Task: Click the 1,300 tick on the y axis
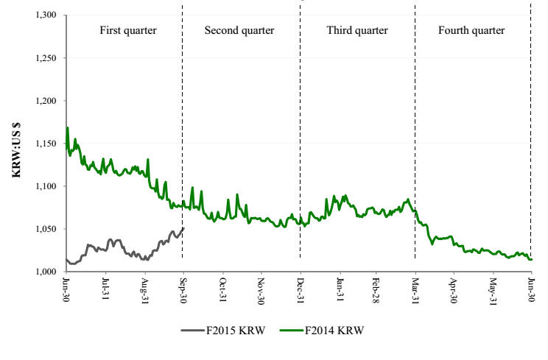46,15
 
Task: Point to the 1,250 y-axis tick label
46,58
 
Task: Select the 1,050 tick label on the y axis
46,230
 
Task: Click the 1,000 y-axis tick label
46,272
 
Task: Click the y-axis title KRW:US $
14,144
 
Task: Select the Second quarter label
239,31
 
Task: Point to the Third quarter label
357,31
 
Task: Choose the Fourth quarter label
471,31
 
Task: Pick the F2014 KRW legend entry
323,329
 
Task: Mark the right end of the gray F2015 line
183,228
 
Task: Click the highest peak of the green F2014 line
68,128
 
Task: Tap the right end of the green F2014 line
531,259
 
